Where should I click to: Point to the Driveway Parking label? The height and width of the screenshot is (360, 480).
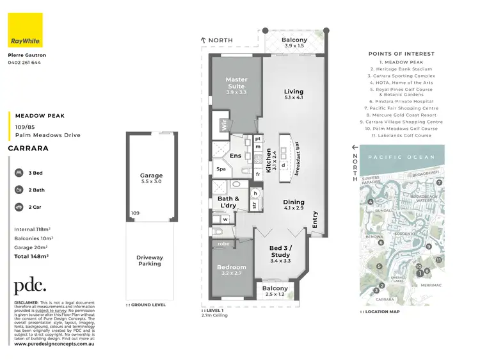tap(150, 260)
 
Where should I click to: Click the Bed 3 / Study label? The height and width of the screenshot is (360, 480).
tap(280, 250)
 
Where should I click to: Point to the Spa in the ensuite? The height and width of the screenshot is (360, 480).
tap(221, 169)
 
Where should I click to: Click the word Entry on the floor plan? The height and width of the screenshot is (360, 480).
tap(314, 220)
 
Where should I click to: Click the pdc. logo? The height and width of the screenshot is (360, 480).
tap(30, 286)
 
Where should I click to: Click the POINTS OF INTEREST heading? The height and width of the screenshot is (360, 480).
tap(401, 54)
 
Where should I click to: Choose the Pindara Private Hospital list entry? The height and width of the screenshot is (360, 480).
tap(401, 101)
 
